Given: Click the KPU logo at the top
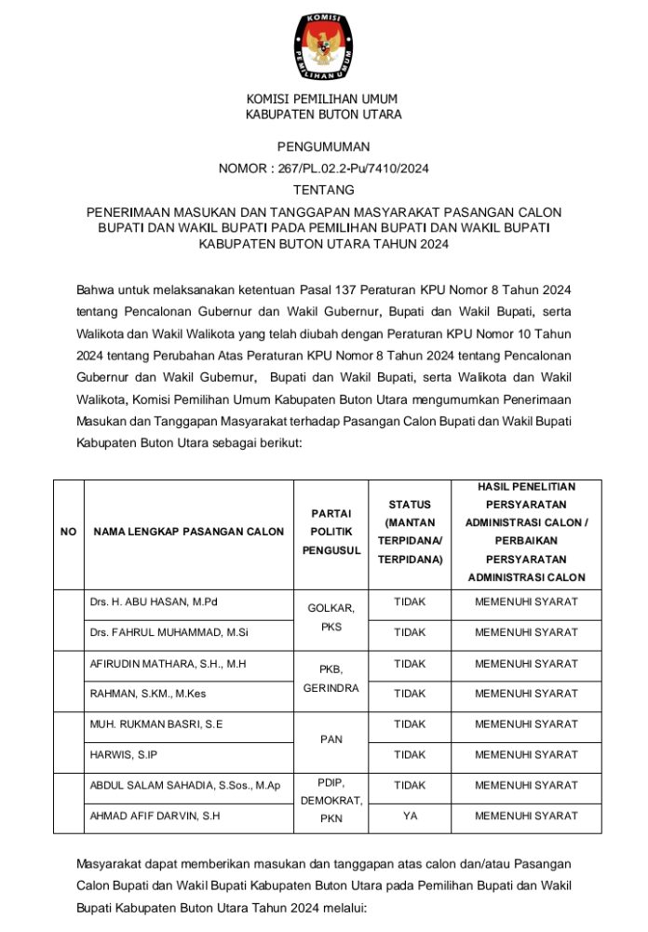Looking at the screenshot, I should pyautogui.click(x=323, y=46).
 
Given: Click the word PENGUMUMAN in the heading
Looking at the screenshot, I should pyautogui.click(x=323, y=146).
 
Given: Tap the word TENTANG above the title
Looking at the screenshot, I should pyautogui.click(x=323, y=189).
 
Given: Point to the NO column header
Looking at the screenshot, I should pyautogui.click(x=68, y=532).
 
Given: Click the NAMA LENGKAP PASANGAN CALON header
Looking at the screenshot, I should pyautogui.click(x=188, y=532).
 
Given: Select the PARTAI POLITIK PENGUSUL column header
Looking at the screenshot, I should pyautogui.click(x=331, y=532).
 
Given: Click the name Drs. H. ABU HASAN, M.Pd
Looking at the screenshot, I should pyautogui.click(x=153, y=601).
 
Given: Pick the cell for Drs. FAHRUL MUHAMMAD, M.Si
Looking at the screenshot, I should pyautogui.click(x=162, y=632).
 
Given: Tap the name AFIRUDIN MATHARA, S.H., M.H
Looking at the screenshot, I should pyautogui.click(x=168, y=664).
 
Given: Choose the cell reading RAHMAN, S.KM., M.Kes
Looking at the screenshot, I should pyautogui.click(x=148, y=694).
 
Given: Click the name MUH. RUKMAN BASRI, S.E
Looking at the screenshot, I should pyautogui.click(x=155, y=723).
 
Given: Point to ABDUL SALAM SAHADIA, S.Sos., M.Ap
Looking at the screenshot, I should pyautogui.click(x=184, y=786).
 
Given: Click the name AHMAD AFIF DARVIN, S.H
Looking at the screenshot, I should pyautogui.click(x=154, y=816).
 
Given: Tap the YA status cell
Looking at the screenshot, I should pyautogui.click(x=410, y=816).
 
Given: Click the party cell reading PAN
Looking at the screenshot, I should pyautogui.click(x=331, y=739).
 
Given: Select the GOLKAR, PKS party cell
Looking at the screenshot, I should pyautogui.click(x=331, y=617).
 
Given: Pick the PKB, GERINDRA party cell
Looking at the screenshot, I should pyautogui.click(x=331, y=679).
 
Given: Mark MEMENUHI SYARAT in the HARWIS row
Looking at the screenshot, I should pyautogui.click(x=526, y=754).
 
